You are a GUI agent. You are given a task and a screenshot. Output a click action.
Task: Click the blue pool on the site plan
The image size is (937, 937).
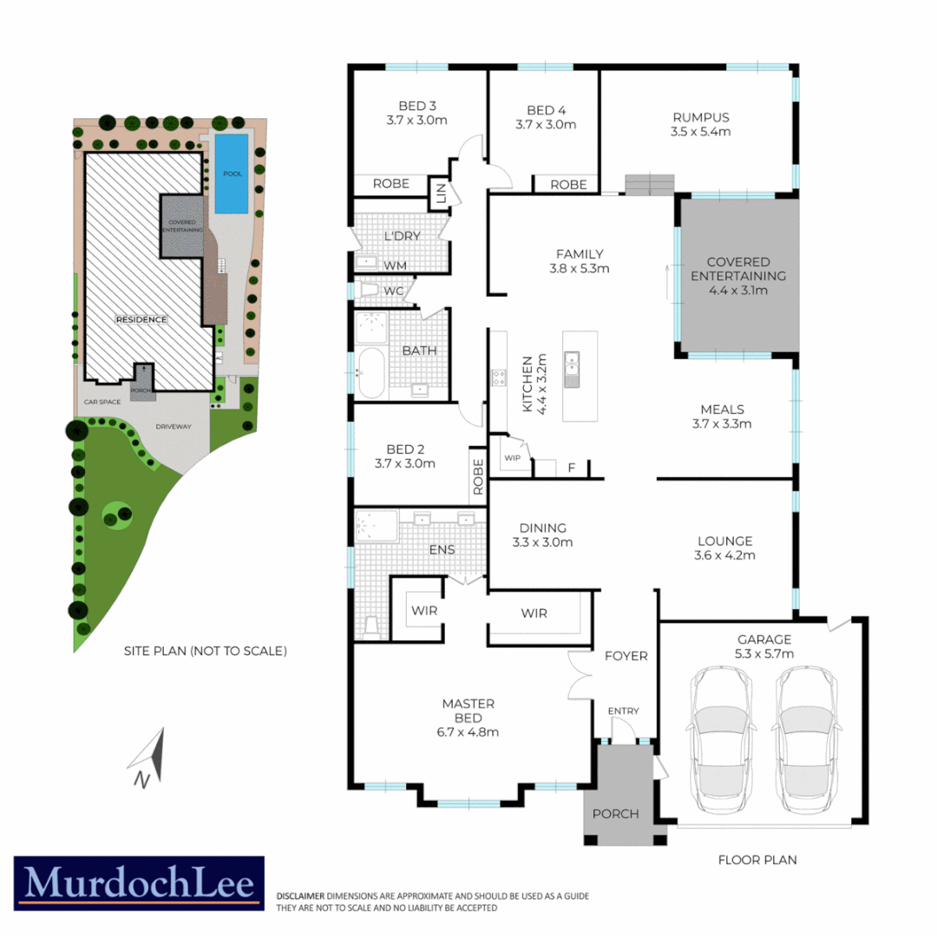230,174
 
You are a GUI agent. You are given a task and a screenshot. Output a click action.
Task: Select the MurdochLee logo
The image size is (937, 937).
139,883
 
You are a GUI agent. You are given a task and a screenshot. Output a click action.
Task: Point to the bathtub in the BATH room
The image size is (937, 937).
370,373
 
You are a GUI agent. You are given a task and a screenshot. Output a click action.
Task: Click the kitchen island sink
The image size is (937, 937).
572,369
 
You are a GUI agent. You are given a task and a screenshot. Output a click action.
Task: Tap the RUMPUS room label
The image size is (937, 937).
700,118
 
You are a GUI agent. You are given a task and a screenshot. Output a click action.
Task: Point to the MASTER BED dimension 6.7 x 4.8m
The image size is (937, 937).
469,731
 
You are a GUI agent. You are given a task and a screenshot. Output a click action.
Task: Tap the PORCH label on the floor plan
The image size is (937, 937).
615,814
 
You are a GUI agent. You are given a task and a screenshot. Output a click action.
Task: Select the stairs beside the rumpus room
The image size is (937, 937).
649,185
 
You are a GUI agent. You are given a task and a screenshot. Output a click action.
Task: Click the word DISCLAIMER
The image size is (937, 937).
300,895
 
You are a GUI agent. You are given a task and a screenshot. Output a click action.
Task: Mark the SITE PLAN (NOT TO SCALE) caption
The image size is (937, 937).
205,650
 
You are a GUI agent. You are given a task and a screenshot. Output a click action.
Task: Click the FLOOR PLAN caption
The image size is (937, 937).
757,860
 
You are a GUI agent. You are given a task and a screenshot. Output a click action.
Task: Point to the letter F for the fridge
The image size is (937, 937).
571,468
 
